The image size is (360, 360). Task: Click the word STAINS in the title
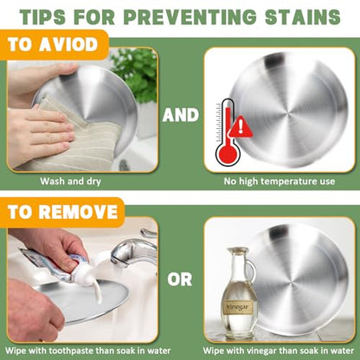[303, 16]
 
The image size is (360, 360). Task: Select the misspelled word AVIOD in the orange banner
[68, 45]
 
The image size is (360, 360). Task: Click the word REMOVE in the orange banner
[78, 212]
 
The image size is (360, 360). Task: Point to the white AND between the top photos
[181, 115]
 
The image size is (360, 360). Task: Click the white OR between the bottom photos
[180, 280]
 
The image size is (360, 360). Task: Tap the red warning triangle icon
[241, 127]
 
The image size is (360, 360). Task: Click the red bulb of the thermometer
[228, 154]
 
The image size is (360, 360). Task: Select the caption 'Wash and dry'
[70, 182]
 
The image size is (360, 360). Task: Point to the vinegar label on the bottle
[238, 307]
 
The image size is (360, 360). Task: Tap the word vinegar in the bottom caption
[254, 351]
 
